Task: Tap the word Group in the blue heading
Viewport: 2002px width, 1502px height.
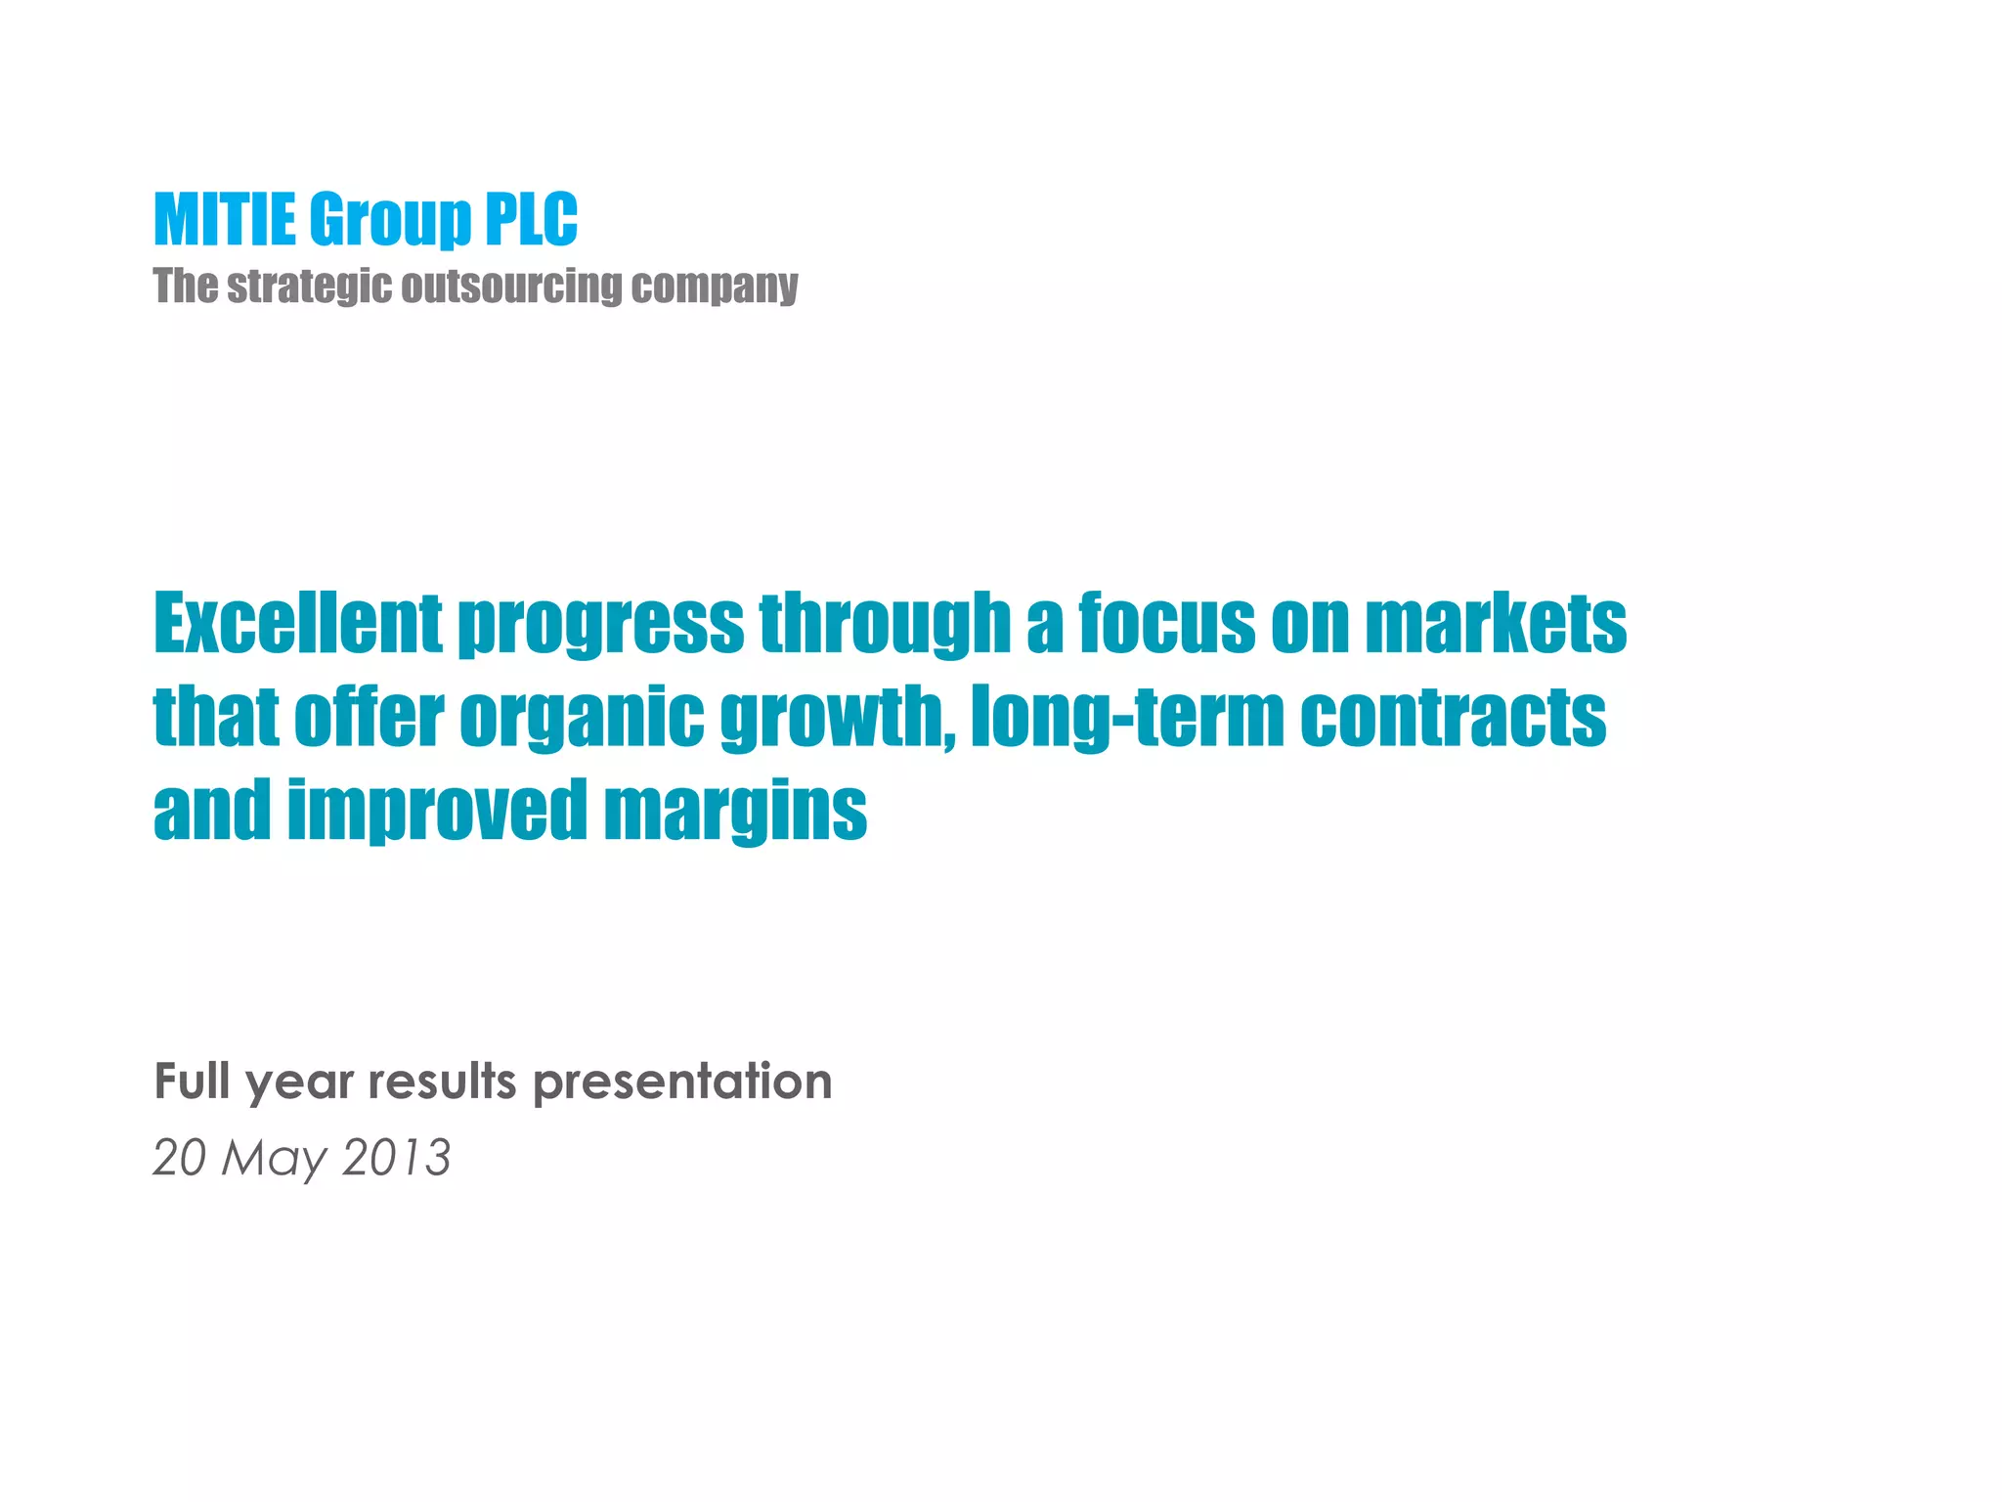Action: (390, 221)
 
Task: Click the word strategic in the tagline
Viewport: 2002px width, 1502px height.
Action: (310, 287)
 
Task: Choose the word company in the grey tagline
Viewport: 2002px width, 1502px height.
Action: (714, 287)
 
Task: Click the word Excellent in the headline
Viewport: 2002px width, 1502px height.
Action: (298, 623)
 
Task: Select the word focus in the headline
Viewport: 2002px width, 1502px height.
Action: (1166, 623)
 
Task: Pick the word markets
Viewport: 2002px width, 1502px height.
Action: (1496, 623)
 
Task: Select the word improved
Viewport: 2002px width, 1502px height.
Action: (437, 812)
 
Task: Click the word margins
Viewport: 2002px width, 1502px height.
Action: (735, 812)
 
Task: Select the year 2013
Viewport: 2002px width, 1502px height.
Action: (397, 1158)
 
